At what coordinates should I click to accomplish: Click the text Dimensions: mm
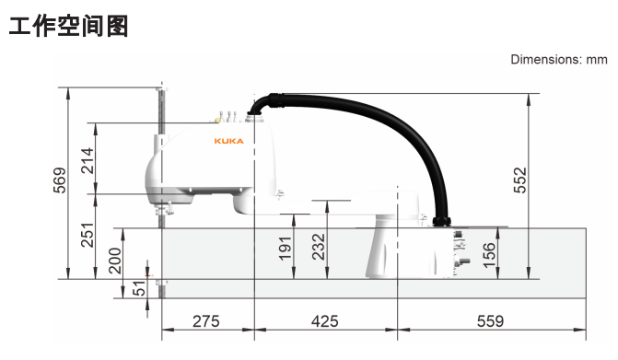click(559, 60)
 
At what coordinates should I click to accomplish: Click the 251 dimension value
click(87, 235)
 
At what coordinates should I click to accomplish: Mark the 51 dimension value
click(139, 288)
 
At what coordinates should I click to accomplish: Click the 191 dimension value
click(286, 248)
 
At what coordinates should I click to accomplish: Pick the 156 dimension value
click(490, 252)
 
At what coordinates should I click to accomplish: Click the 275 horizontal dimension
click(205, 321)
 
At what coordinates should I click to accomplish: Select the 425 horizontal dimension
click(324, 321)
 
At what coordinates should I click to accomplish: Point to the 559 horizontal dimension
click(490, 321)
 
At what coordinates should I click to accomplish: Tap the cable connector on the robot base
click(441, 222)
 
